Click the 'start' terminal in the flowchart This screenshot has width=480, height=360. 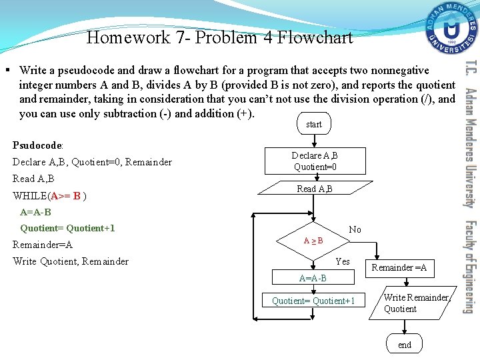(x=313, y=124)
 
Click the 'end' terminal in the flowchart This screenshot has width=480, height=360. (x=404, y=345)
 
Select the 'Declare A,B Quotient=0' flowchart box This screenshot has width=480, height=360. (x=314, y=161)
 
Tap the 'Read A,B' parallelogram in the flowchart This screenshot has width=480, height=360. (x=314, y=189)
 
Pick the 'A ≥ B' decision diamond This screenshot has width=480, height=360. (x=313, y=240)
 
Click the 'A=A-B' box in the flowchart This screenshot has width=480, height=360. (x=313, y=278)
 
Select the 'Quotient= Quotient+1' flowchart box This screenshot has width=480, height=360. (x=313, y=301)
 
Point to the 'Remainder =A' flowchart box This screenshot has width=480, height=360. (x=399, y=268)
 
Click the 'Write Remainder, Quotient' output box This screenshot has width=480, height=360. (x=409, y=303)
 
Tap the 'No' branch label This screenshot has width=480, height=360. (x=355, y=229)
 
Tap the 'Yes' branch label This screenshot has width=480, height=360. (x=343, y=261)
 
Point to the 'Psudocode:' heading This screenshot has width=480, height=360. (x=38, y=145)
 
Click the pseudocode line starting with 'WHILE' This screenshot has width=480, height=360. (x=50, y=196)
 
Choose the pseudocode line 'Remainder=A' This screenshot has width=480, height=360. (x=43, y=245)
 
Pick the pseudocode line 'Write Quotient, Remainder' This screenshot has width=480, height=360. (x=71, y=261)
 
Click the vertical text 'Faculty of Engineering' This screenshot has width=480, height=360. (x=469, y=267)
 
